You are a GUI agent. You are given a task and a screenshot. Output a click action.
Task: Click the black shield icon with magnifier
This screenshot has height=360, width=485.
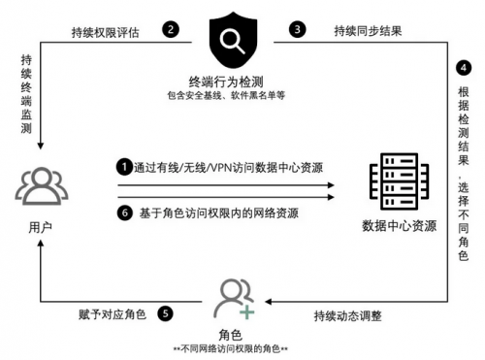point(233,41)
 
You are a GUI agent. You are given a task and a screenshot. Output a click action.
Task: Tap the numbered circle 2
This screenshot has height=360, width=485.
point(171,30)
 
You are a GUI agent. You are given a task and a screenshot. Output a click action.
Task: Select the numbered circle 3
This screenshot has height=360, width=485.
point(297,29)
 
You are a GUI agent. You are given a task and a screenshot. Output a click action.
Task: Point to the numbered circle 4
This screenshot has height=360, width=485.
point(464,68)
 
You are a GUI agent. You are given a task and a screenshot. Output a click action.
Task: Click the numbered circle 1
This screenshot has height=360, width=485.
point(124,167)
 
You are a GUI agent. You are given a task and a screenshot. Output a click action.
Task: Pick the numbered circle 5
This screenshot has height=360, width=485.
point(165,313)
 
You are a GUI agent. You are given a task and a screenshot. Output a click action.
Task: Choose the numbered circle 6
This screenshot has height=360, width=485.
point(125,213)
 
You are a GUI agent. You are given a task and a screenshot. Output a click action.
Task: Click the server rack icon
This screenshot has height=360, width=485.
point(400,181)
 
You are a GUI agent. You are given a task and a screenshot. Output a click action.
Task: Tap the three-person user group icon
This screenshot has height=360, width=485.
point(42,185)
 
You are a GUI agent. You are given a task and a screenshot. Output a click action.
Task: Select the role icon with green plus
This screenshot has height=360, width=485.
point(235,299)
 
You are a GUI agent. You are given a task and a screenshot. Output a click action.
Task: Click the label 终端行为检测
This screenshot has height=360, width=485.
point(226,82)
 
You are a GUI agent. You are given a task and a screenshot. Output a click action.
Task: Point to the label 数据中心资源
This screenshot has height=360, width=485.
point(400,225)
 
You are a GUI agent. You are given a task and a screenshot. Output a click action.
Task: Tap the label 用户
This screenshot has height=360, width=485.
point(41,227)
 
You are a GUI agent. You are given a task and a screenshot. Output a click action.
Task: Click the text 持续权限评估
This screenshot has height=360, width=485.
point(106,32)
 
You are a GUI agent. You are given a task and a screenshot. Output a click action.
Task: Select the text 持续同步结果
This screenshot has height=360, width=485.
point(368,31)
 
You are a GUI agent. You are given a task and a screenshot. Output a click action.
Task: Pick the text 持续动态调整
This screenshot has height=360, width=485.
point(348,315)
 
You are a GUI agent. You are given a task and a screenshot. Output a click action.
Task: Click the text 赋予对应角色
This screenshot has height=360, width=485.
point(113,314)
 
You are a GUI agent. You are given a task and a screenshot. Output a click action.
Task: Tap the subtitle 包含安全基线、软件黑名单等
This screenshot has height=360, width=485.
point(226,95)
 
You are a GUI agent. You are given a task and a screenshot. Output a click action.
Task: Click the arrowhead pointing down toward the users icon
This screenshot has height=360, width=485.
point(41,146)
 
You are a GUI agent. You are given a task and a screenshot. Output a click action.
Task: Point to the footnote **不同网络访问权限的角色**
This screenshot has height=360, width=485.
point(230,348)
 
